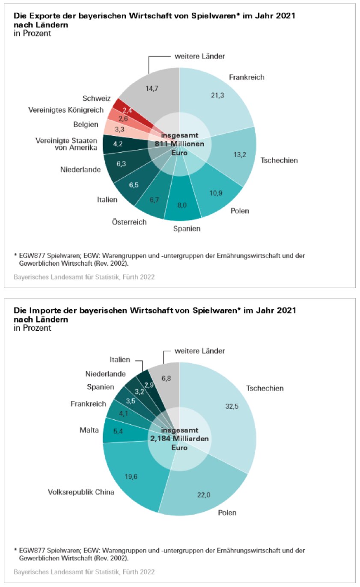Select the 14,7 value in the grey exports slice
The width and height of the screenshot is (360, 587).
[x=152, y=89]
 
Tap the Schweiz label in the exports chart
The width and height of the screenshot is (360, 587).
[x=96, y=98]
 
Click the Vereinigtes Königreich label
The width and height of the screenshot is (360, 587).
[x=66, y=110]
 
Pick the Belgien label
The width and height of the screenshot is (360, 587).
[x=86, y=125]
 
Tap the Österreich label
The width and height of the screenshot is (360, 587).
[x=129, y=222]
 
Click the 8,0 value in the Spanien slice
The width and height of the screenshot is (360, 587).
[x=182, y=205]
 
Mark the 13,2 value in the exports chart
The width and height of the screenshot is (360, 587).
[x=240, y=154]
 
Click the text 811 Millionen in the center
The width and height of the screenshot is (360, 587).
[x=179, y=144]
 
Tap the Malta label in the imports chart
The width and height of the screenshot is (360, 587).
[x=89, y=430]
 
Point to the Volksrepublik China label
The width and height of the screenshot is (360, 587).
[x=81, y=492]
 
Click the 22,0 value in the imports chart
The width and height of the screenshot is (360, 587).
[x=204, y=495]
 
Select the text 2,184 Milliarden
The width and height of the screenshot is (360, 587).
[x=179, y=439]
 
